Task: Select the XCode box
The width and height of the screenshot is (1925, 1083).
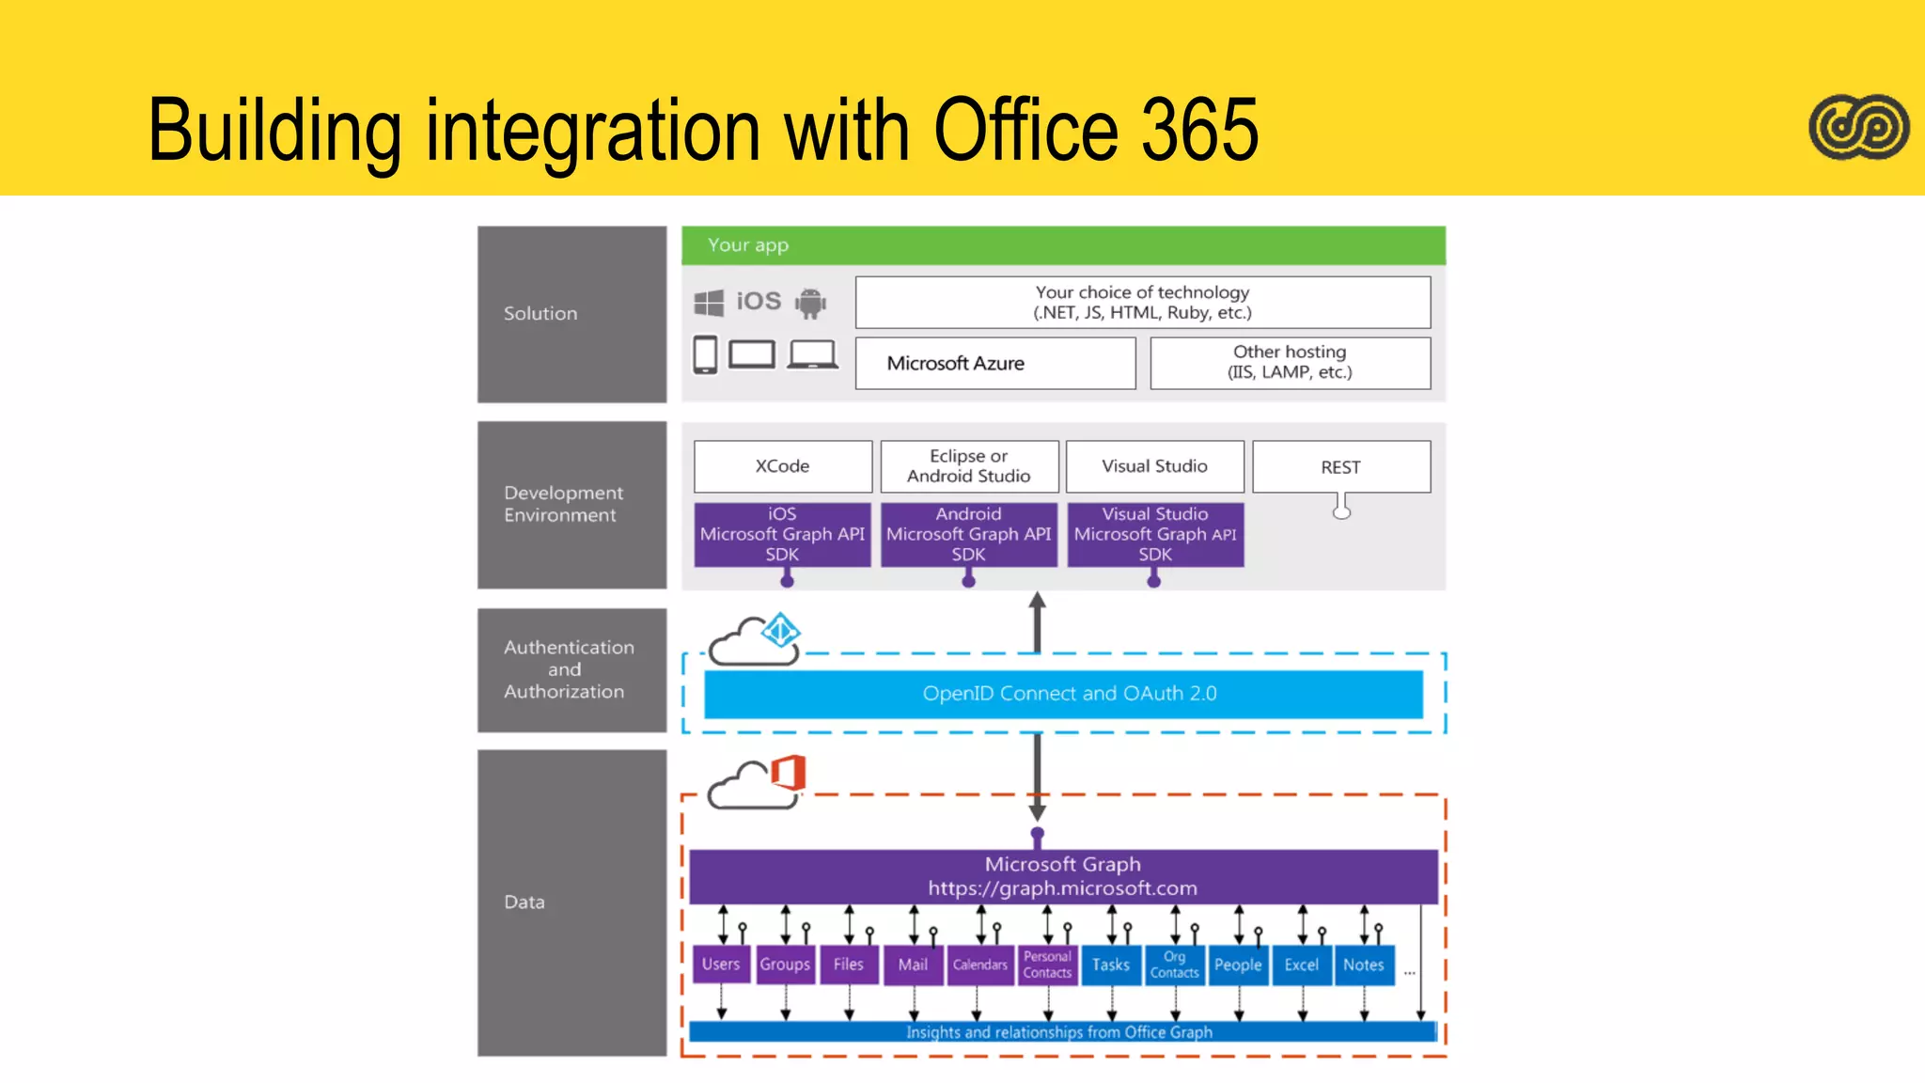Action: [x=782, y=466]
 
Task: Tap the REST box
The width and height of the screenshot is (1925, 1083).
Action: [x=1340, y=467]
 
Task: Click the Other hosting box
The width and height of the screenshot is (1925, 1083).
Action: [x=1290, y=363]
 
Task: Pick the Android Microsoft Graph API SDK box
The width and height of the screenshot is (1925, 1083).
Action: [x=968, y=534]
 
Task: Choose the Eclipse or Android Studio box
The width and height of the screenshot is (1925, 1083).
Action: [x=968, y=466]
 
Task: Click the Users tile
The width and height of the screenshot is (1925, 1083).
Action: [x=721, y=965]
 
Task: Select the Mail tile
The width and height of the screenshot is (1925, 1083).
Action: [x=913, y=965]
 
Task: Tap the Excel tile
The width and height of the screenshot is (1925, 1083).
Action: [x=1302, y=965]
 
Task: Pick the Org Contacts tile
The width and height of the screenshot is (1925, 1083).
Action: [x=1175, y=965]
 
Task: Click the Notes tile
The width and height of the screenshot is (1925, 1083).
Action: [x=1364, y=965]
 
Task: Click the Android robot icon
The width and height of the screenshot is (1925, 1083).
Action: [x=810, y=303]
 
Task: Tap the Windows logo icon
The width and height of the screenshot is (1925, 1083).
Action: [x=709, y=303]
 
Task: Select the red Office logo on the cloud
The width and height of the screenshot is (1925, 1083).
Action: [x=789, y=773]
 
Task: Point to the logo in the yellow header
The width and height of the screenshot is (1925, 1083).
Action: [x=1858, y=127]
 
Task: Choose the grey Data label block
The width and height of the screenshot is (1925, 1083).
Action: [x=571, y=902]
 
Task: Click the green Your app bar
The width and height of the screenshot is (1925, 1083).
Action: [x=1063, y=245]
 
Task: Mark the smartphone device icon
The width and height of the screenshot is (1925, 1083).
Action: [x=705, y=355]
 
